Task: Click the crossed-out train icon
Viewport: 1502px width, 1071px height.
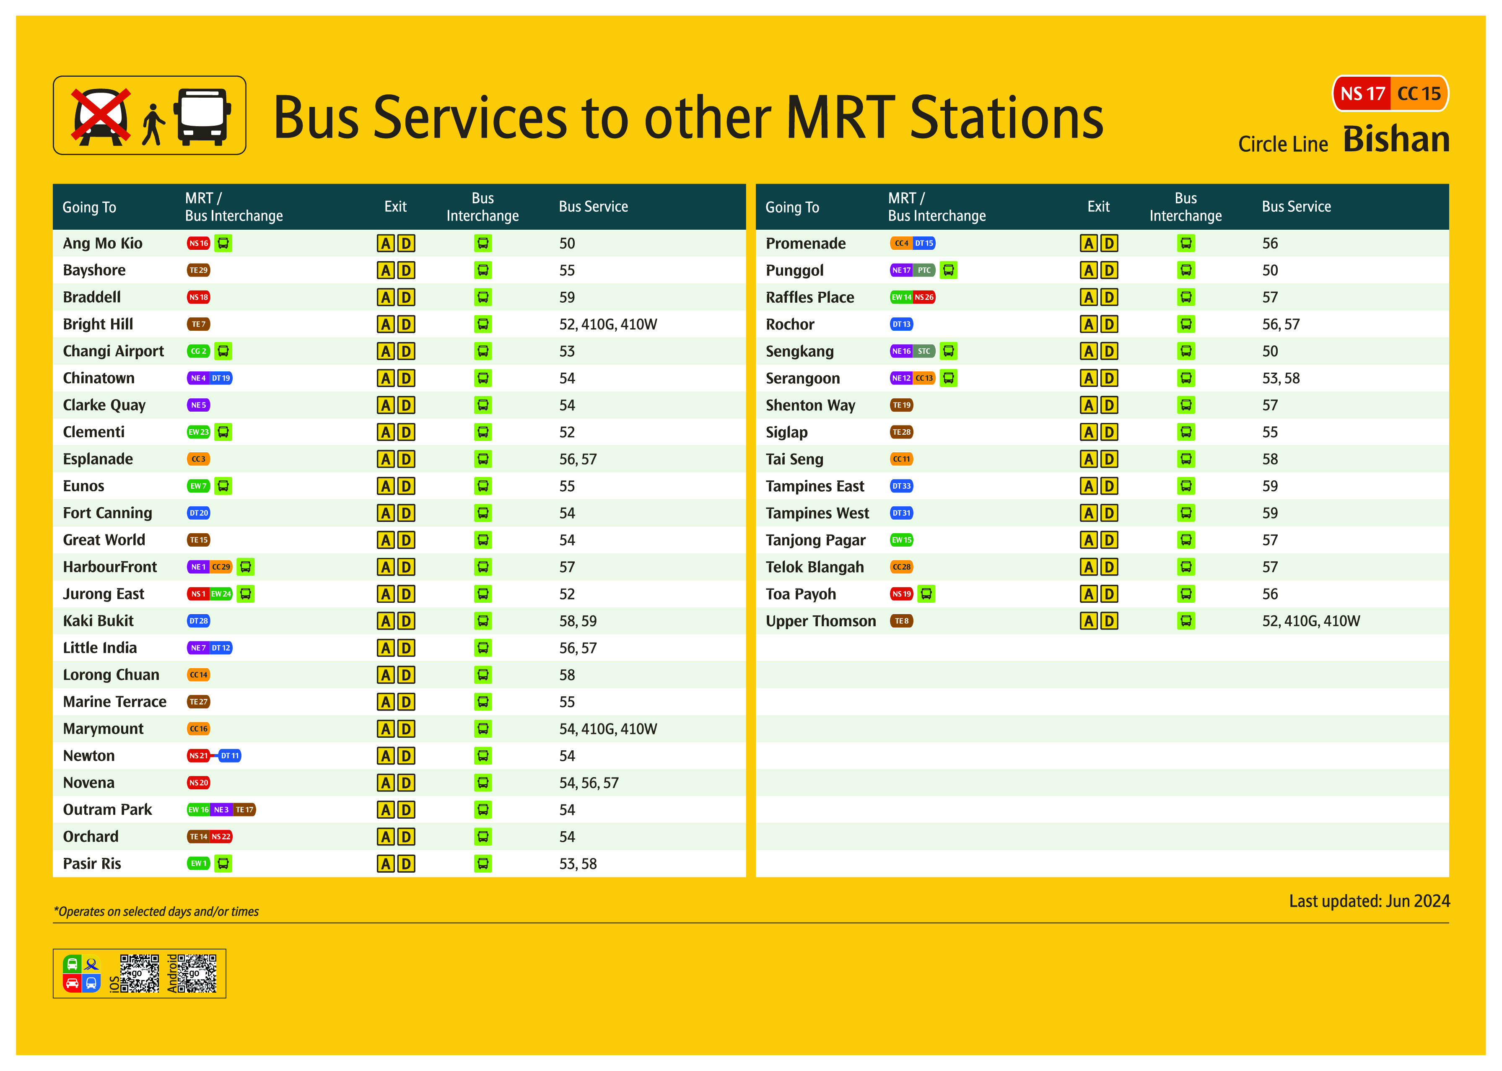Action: pos(101,116)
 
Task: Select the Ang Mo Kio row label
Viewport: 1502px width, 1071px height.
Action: pos(102,244)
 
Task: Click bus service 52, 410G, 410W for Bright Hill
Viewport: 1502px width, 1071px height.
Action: pos(607,324)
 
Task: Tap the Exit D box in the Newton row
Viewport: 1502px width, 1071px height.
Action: pos(406,756)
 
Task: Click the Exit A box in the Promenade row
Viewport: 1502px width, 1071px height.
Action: pos(1089,244)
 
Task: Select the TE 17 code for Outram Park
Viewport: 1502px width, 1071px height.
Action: pos(245,810)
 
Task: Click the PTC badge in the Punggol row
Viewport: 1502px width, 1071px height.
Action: pos(924,270)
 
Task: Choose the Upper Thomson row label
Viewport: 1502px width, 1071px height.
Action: pos(820,621)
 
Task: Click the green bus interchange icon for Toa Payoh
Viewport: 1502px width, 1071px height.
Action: pos(926,594)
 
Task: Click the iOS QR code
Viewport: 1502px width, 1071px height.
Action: pos(139,973)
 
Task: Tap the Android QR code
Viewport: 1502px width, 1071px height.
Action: pos(197,973)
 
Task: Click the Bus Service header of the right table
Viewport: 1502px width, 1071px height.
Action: pos(1296,206)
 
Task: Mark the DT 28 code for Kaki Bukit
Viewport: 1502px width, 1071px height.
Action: pos(198,621)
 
